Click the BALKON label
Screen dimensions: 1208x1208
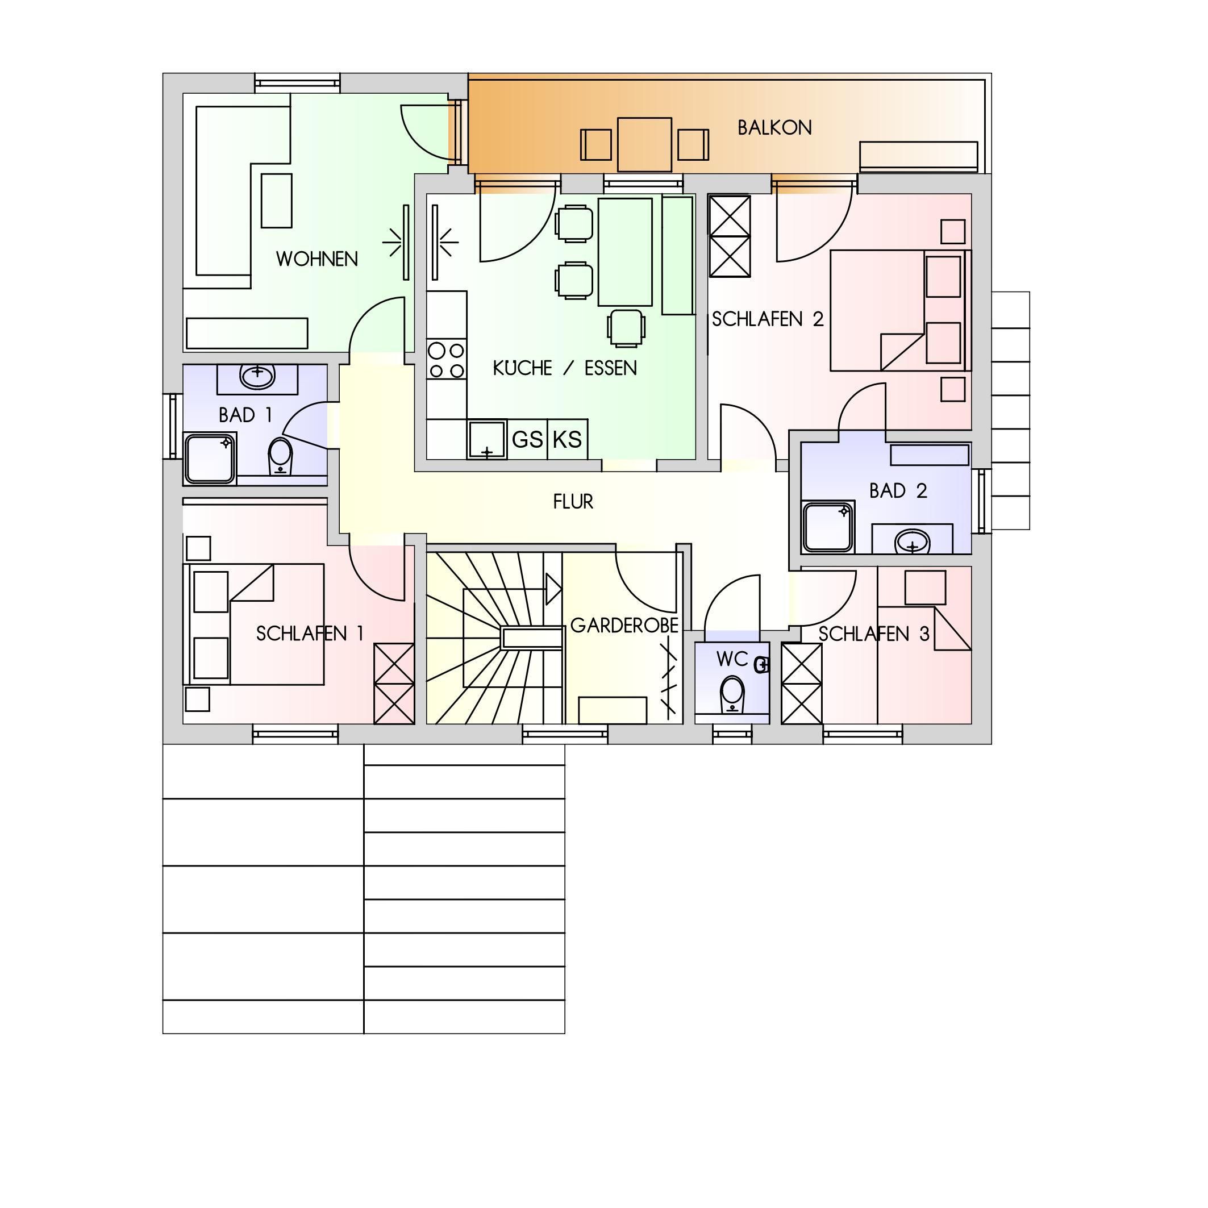coord(774,127)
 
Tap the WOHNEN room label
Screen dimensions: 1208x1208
coord(317,259)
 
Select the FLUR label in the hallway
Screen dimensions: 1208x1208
coord(573,502)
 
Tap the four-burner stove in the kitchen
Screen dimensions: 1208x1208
coord(447,360)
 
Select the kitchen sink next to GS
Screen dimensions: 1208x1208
coord(486,440)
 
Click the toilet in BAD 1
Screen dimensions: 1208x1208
coord(280,456)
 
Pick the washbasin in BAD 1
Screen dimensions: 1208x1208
coord(257,376)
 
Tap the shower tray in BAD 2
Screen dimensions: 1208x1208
coord(828,527)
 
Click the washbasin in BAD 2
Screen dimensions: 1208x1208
coord(913,542)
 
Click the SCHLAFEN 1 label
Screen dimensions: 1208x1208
coord(310,634)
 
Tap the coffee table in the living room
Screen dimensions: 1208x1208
coord(276,201)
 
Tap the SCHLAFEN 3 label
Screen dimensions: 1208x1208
coord(873,635)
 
